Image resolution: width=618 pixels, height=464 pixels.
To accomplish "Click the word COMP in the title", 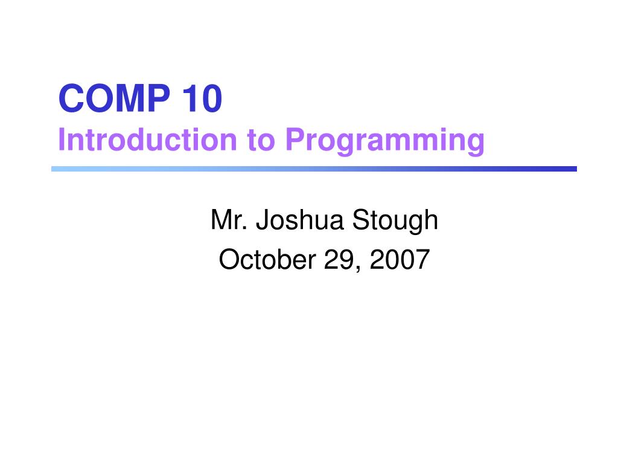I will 113,99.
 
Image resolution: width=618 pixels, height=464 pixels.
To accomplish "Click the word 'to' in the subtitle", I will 260,140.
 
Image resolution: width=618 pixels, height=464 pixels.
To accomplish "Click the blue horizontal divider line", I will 314,169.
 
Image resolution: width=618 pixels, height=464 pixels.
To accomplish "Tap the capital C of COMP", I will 71,99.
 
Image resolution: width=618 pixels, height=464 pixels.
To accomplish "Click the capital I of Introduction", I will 62,140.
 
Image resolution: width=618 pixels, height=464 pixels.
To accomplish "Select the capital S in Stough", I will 360,221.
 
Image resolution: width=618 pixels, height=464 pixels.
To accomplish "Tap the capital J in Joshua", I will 261,221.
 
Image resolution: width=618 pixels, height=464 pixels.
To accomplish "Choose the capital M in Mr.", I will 220,221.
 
